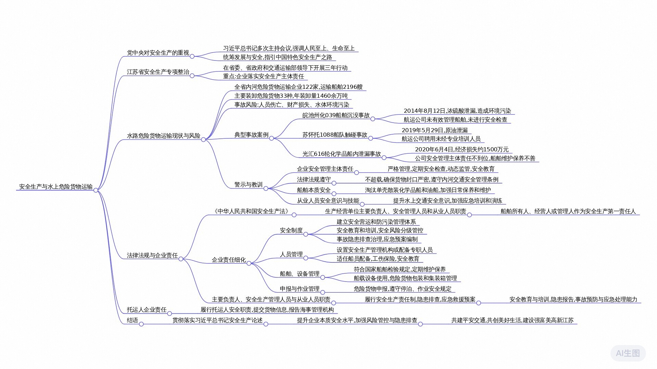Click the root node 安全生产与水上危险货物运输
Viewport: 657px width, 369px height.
tap(56, 187)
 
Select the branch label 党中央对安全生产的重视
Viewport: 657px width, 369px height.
tap(158, 53)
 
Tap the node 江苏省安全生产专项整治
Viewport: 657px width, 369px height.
tap(158, 72)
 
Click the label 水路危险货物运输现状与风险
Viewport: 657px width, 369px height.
tap(163, 136)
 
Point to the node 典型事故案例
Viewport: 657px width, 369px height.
tap(251, 135)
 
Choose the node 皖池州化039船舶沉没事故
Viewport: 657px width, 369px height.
tap(336, 115)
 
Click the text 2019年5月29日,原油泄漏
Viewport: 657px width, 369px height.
tap(435, 130)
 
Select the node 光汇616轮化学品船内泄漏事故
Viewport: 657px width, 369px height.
tap(341, 154)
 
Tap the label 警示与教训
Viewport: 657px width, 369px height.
tap(248, 184)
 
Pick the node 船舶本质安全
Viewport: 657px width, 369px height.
tap(313, 190)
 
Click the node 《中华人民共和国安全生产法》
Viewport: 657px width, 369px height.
tap(251, 211)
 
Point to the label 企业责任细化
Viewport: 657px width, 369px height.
tap(229, 260)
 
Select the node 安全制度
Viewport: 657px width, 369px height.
tap(291, 230)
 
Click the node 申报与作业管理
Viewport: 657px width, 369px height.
tap(299, 289)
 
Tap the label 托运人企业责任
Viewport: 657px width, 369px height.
tap(146, 310)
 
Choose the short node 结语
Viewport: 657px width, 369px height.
tap(132, 320)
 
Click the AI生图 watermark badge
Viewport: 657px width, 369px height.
tap(628, 353)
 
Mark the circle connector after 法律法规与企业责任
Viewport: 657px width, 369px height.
tap(181, 259)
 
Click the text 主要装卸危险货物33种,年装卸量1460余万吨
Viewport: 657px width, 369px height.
tap(291, 96)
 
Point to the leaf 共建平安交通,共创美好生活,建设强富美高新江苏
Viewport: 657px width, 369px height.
tap(512, 320)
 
